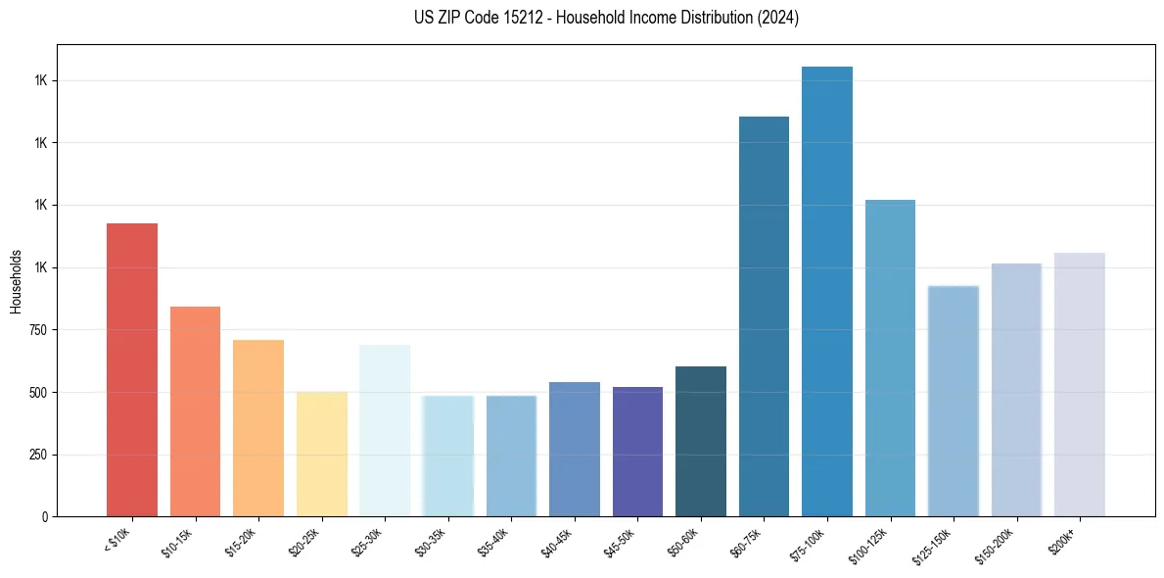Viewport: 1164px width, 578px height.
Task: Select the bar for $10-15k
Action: coord(195,411)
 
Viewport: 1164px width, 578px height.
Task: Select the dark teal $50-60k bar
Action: coord(701,441)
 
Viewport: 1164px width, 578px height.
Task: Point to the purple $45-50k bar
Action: coord(637,452)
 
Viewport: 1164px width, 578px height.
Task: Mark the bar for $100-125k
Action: coord(890,358)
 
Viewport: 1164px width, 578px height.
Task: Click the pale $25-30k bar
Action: coord(385,430)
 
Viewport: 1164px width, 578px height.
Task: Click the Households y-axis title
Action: coord(16,281)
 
